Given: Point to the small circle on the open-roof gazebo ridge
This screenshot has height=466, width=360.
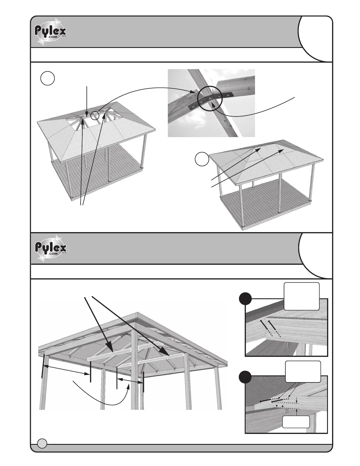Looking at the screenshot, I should coord(95,115).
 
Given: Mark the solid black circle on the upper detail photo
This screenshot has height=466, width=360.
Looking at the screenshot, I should coord(245,299).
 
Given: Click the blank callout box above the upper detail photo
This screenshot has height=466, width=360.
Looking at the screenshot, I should coord(301,296).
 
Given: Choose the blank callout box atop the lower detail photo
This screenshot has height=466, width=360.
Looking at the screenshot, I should coord(303,372).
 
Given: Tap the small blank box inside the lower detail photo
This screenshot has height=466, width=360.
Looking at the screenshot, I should coord(296,422).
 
